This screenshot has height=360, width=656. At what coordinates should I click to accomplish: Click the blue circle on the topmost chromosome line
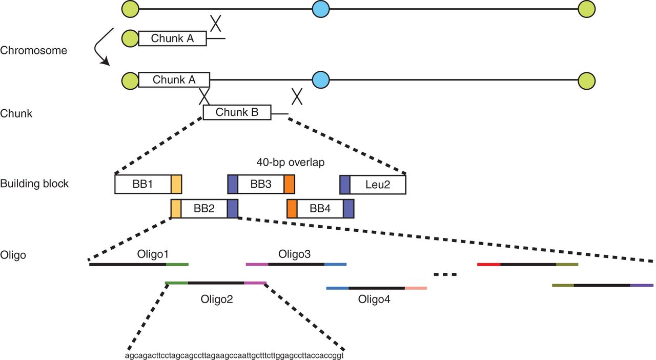[x=320, y=9]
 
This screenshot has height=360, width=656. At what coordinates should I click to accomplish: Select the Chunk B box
[x=237, y=112]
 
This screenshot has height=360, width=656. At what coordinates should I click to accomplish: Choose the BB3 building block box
[x=261, y=184]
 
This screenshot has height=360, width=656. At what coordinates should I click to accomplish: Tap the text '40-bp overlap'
[x=285, y=162]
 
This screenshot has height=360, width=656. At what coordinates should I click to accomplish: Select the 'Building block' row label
[x=34, y=184]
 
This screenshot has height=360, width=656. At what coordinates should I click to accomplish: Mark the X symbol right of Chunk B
[x=297, y=96]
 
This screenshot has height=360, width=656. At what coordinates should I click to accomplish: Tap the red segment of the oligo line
[x=488, y=265]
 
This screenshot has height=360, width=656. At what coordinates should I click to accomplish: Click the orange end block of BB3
[x=289, y=184]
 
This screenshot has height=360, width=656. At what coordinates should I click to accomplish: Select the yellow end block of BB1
[x=176, y=184]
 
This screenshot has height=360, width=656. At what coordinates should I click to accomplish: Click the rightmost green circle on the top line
[x=586, y=9]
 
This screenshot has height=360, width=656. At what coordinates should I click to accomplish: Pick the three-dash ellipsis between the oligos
[x=444, y=274]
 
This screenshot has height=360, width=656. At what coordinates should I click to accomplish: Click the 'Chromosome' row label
[x=33, y=51]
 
